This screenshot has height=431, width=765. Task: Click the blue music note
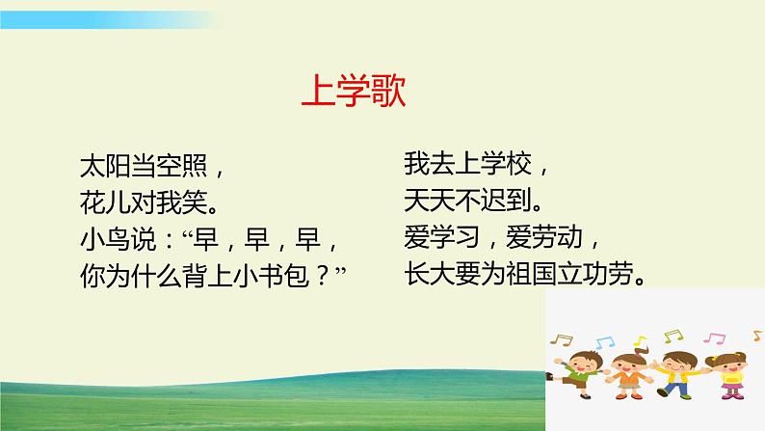(x=604, y=341)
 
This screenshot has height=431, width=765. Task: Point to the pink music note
(x=714, y=338)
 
